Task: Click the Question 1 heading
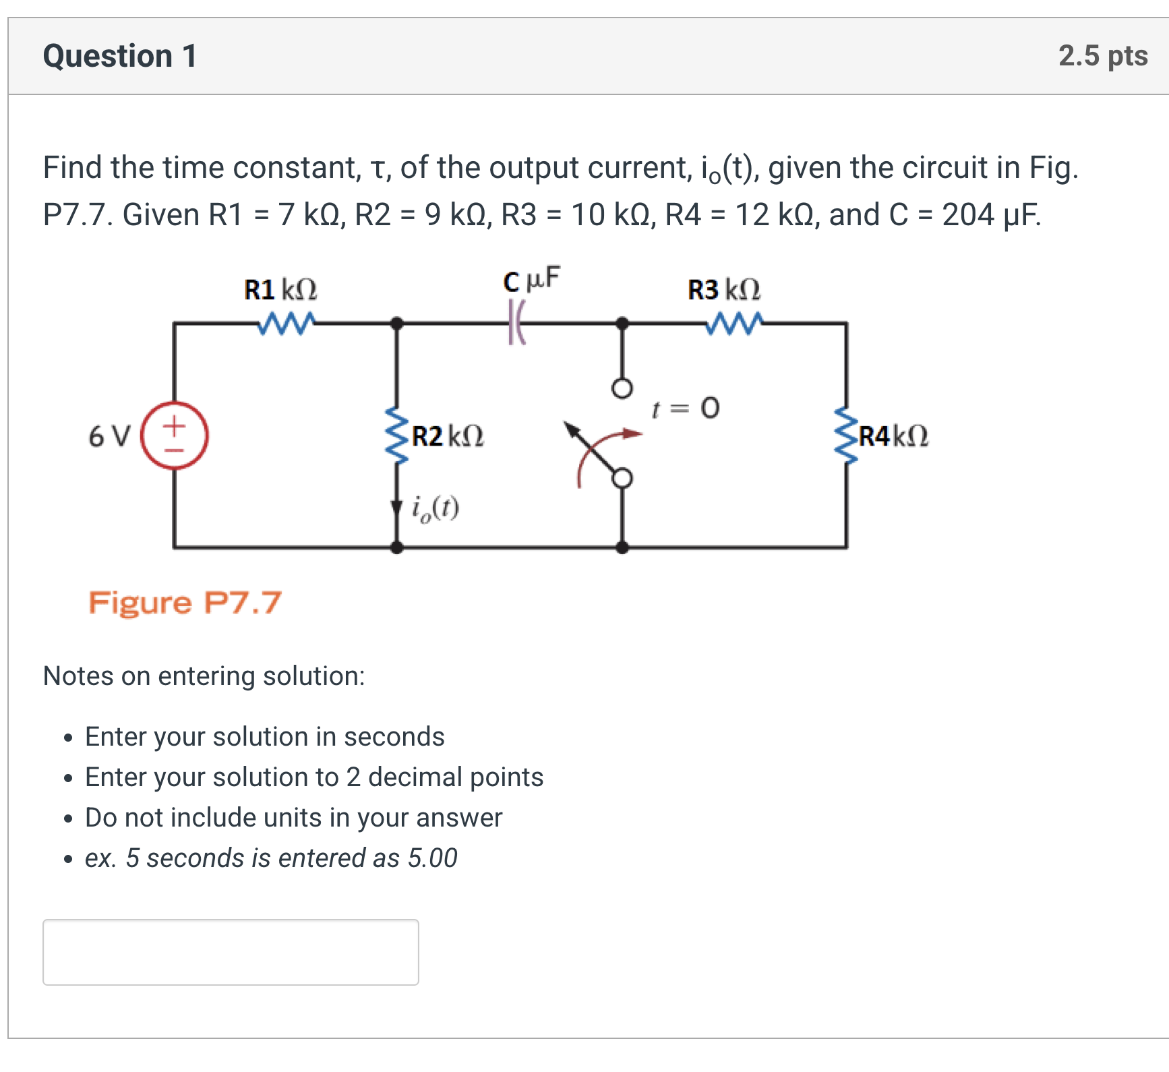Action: coord(120,56)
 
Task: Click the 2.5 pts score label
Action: coord(1102,56)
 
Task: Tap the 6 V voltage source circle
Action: coord(175,436)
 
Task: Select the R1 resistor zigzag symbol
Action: coord(286,323)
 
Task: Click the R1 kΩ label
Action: coord(280,290)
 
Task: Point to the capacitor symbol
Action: coord(516,323)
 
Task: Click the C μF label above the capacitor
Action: coord(531,280)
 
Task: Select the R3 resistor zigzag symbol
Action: coord(734,323)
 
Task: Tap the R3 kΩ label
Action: coord(723,290)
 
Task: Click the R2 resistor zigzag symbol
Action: coord(396,436)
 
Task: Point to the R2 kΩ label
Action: coord(448,436)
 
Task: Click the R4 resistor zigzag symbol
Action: coord(846,436)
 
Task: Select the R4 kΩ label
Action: coord(893,436)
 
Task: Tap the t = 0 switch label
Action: coord(686,408)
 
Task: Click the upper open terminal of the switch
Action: coord(622,388)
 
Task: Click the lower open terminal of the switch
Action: coord(622,478)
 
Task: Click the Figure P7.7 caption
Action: coord(185,602)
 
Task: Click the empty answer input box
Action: coord(231,951)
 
